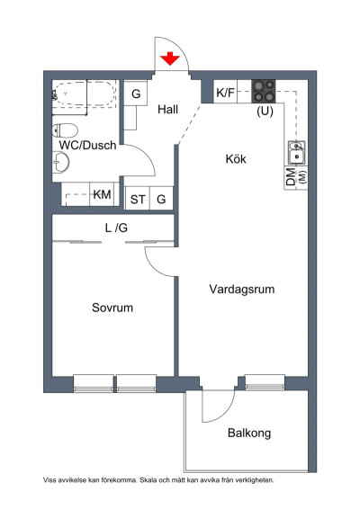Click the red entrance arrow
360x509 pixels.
coord(169,59)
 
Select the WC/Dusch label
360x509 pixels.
coord(87,144)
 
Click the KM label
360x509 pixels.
coord(102,194)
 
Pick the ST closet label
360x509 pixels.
coord(138,199)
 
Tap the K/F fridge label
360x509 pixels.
coord(226,92)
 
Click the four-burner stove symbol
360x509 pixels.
coord(264,91)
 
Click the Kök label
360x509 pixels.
coord(236,159)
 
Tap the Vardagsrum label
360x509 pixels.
coord(241,290)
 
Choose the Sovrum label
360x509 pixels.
coord(112,308)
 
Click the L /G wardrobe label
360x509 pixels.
coord(116,228)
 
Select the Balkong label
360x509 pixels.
coord(249,433)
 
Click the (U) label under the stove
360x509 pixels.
coord(265,112)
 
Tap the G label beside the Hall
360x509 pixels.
coord(136,93)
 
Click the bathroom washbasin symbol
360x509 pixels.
coord(61,163)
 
